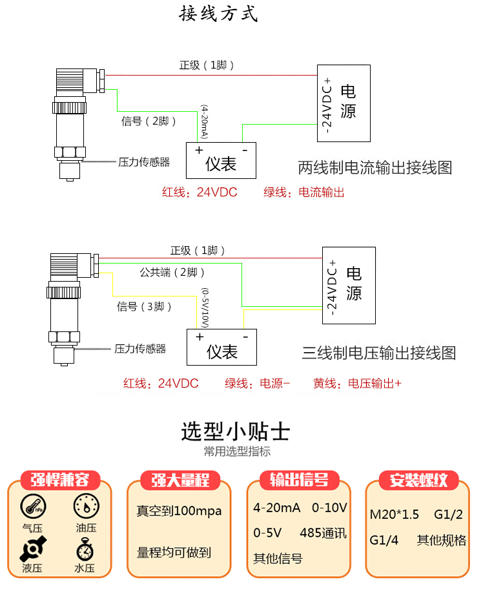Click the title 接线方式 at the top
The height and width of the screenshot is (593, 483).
click(218, 14)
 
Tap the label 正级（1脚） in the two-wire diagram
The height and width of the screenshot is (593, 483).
click(206, 65)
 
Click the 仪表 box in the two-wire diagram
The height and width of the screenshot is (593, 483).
click(221, 160)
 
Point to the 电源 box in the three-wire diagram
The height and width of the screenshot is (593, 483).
click(349, 285)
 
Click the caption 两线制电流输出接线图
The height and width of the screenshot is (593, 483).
click(375, 168)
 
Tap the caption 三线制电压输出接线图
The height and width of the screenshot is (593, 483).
click(379, 353)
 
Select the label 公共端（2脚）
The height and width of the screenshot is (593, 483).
click(172, 272)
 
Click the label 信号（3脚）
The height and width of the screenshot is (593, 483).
click(145, 306)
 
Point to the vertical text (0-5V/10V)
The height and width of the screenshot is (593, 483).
click(205, 307)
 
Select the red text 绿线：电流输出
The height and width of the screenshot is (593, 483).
click(303, 192)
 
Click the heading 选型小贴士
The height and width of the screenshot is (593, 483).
click(235, 431)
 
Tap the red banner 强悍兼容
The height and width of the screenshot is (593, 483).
click(60, 480)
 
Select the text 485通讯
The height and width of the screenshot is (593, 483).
click(323, 534)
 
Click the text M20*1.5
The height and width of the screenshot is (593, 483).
click(394, 514)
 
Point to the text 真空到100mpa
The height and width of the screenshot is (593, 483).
click(179, 511)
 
